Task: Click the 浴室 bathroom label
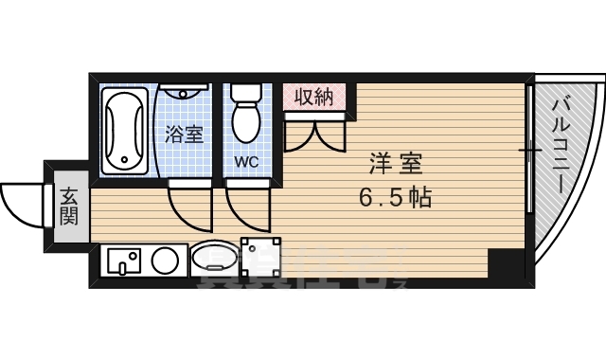[x=184, y=134]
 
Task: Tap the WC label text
[x=247, y=162]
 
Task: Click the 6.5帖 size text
[x=395, y=198]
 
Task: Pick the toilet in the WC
[x=247, y=112]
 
